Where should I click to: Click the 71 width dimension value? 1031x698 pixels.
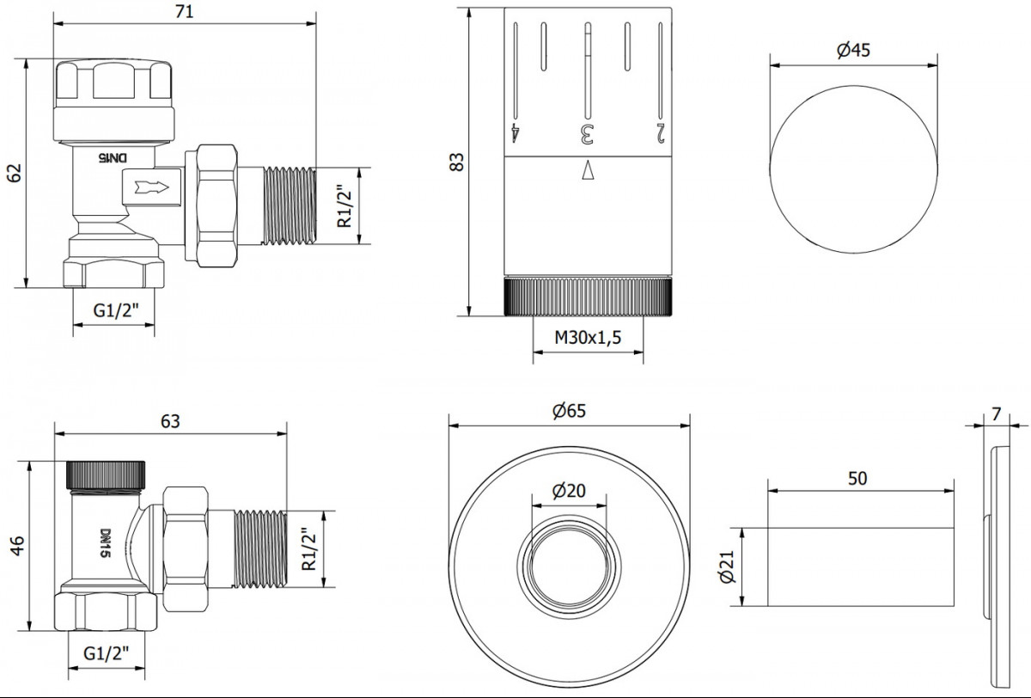pos(184,11)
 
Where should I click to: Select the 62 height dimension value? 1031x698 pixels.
pos(15,173)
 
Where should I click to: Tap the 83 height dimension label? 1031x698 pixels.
pos(456,162)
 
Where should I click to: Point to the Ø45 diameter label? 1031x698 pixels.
pos(853,50)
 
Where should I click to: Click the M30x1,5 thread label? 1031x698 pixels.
pos(588,338)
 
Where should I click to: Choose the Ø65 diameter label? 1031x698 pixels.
pos(569,411)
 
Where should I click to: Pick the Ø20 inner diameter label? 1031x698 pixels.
pos(569,491)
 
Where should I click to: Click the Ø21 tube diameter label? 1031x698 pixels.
pos(728,566)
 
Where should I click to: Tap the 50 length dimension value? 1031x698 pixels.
pos(857,479)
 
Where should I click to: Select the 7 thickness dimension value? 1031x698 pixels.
pos(997,414)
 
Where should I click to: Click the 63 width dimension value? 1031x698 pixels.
pos(170,421)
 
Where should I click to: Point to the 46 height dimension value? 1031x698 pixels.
pos(17,546)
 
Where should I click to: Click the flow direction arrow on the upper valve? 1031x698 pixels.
pos(152,187)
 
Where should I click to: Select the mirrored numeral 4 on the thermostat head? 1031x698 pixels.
pos(515,133)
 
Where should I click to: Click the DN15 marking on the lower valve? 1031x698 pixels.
pos(106,543)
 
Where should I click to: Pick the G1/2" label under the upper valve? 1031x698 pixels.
pos(115,311)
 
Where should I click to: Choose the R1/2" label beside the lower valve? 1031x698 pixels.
pos(309,548)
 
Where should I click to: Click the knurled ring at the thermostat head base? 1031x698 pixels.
pos(588,296)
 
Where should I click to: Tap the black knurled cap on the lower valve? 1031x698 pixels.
pos(106,475)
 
